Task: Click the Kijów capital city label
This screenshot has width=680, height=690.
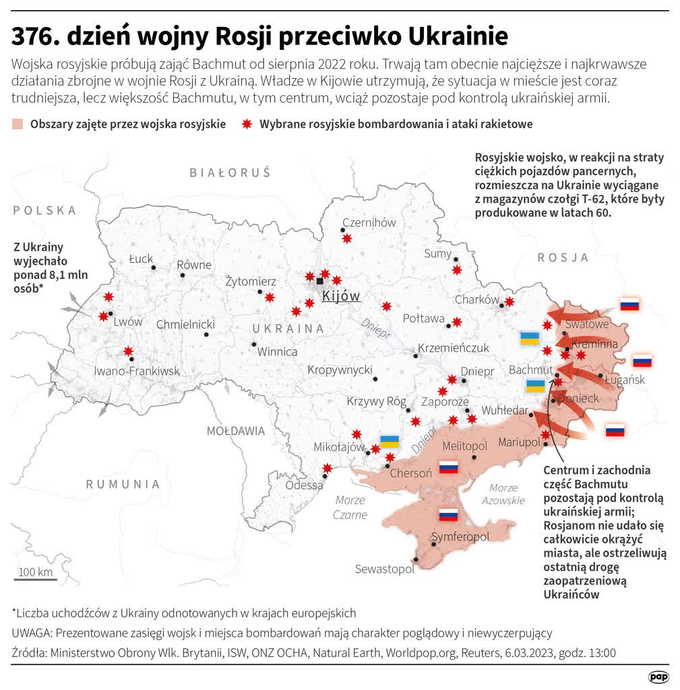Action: click(x=341, y=296)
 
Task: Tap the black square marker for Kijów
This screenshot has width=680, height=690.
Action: click(x=319, y=281)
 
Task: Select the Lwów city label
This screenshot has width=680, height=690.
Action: click(x=127, y=321)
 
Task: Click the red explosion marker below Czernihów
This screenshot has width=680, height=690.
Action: click(x=346, y=238)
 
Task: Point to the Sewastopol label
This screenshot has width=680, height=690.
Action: click(x=384, y=569)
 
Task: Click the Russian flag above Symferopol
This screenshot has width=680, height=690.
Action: click(x=448, y=515)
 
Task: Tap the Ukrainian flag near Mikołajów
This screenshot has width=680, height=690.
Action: click(x=390, y=442)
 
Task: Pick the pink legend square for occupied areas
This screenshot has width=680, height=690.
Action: click(x=18, y=124)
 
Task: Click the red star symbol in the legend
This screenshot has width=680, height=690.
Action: click(x=247, y=124)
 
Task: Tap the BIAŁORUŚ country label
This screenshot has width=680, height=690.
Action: click(x=230, y=173)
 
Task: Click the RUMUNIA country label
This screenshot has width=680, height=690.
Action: click(x=123, y=484)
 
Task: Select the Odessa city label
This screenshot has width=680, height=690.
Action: click(x=304, y=485)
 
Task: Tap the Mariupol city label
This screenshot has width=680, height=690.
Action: click(x=519, y=442)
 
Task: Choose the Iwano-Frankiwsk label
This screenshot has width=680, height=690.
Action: click(x=137, y=371)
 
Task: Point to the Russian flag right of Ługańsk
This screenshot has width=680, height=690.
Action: click(x=642, y=360)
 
